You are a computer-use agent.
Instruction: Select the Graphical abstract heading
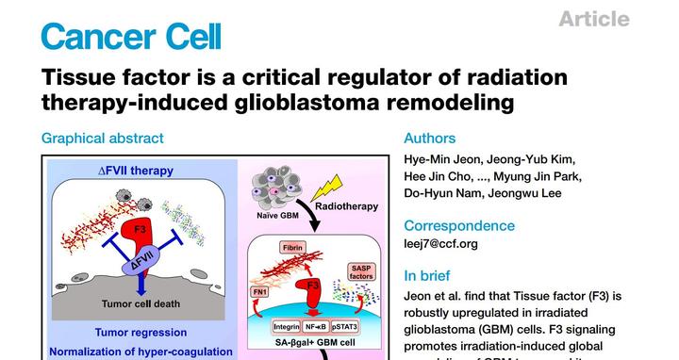click(102, 138)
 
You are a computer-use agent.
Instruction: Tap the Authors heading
click(429, 138)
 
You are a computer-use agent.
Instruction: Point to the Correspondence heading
click(459, 225)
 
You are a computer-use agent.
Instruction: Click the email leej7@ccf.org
click(440, 244)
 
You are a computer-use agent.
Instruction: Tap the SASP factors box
click(360, 272)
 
